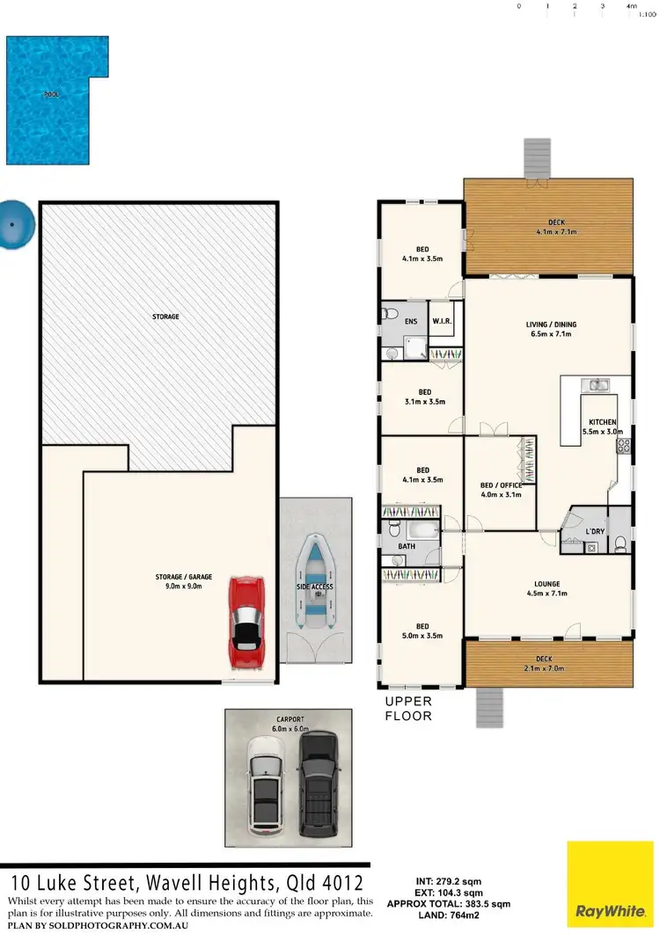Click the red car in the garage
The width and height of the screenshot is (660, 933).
coord(246,623)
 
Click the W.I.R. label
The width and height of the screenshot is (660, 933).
coord(442,322)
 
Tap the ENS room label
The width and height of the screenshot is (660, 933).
coord(411,322)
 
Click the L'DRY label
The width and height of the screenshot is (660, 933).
coord(596,531)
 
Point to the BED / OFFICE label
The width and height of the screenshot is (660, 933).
coord(501,485)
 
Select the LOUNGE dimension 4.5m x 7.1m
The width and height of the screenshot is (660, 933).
coord(546,594)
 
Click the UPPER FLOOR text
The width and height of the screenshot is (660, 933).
coord(407,709)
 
